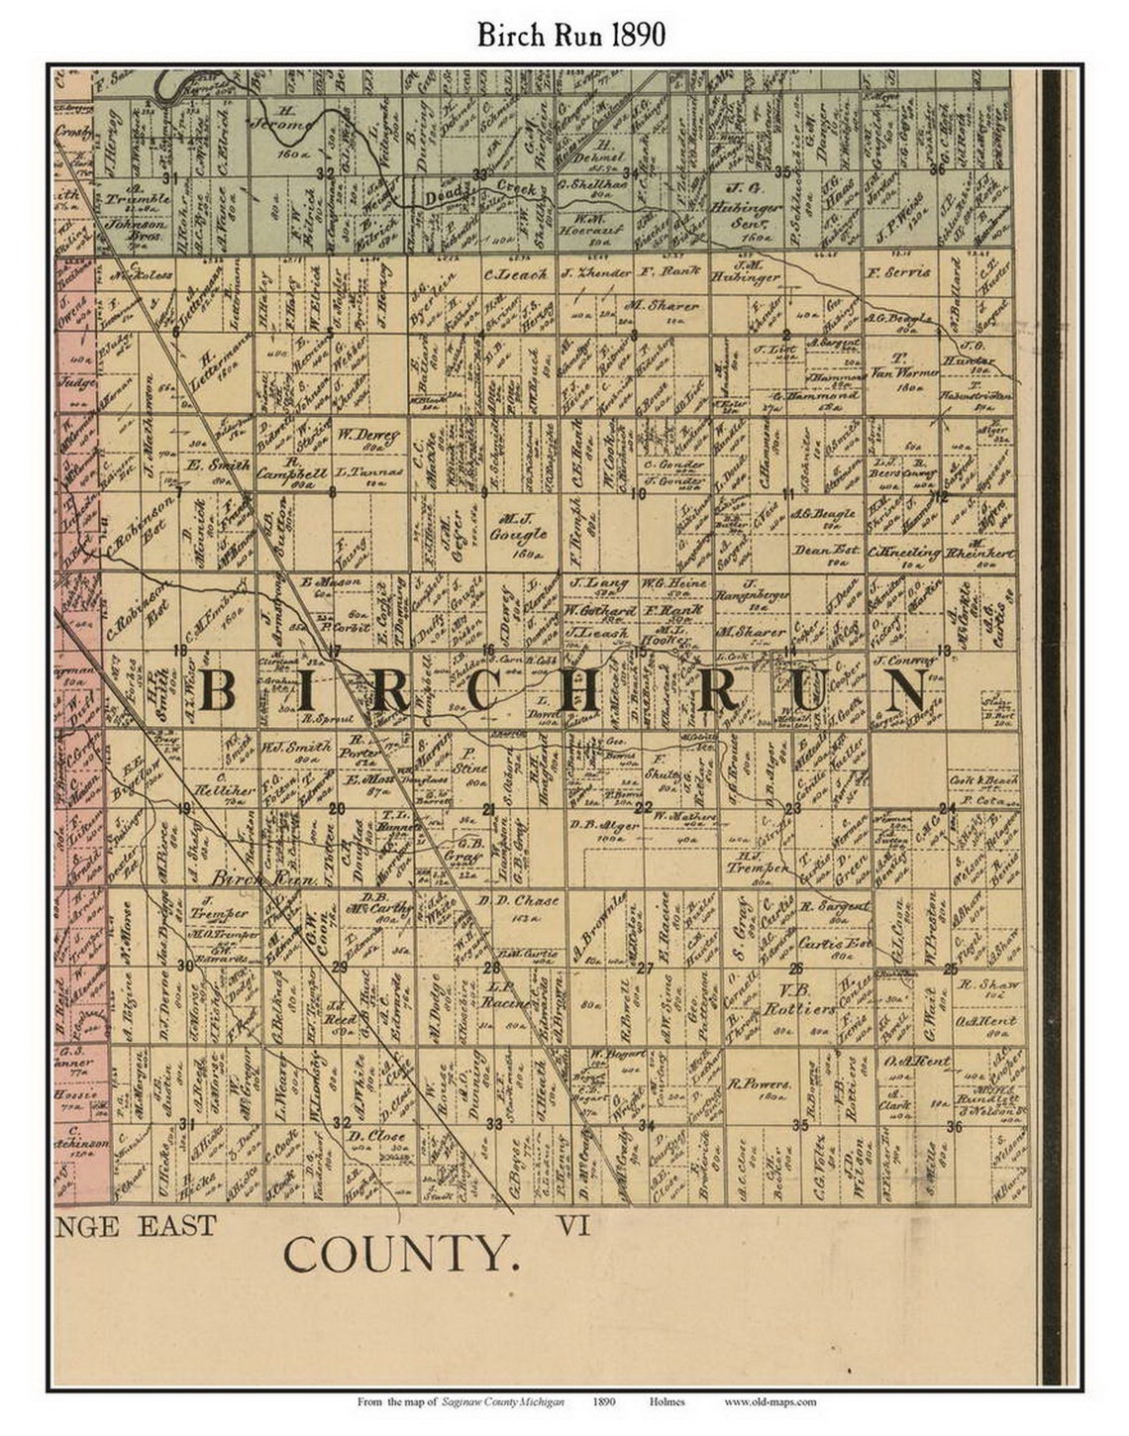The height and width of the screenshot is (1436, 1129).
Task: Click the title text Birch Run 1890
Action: (570, 35)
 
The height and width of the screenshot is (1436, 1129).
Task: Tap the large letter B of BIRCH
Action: (217, 691)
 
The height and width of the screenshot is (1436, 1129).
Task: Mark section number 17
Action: (334, 652)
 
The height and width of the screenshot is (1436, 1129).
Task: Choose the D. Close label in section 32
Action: (379, 1135)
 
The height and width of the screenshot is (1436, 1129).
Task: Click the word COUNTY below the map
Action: (401, 1255)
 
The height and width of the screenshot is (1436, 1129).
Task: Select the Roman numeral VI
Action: (573, 1226)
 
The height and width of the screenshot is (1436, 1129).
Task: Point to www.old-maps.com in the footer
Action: (770, 1401)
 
